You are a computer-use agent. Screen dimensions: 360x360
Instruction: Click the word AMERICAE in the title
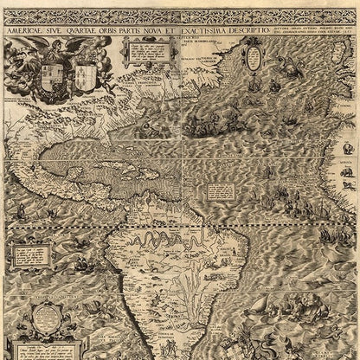[25, 29]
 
